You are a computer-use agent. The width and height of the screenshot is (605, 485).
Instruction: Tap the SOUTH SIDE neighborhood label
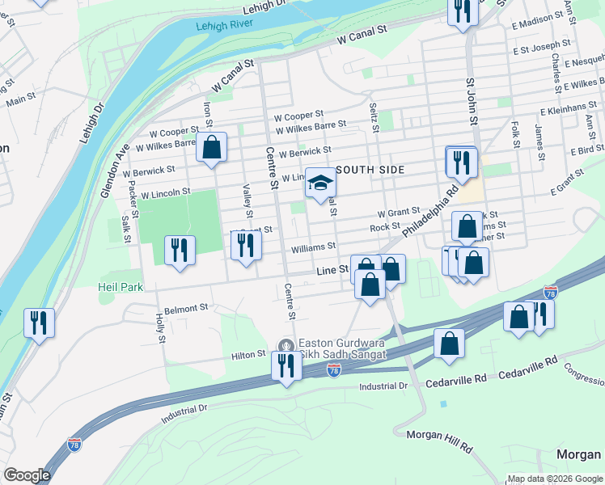(369, 170)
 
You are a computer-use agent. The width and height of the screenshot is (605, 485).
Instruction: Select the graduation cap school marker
(319, 184)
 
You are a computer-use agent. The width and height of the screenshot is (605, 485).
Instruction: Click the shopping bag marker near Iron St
(211, 147)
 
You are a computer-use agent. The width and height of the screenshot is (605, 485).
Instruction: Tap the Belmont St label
(186, 308)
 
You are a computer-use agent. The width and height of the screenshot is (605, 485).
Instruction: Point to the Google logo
(27, 474)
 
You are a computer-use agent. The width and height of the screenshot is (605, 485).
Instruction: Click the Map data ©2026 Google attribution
(555, 479)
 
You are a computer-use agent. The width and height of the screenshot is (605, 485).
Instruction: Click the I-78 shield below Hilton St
(333, 369)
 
